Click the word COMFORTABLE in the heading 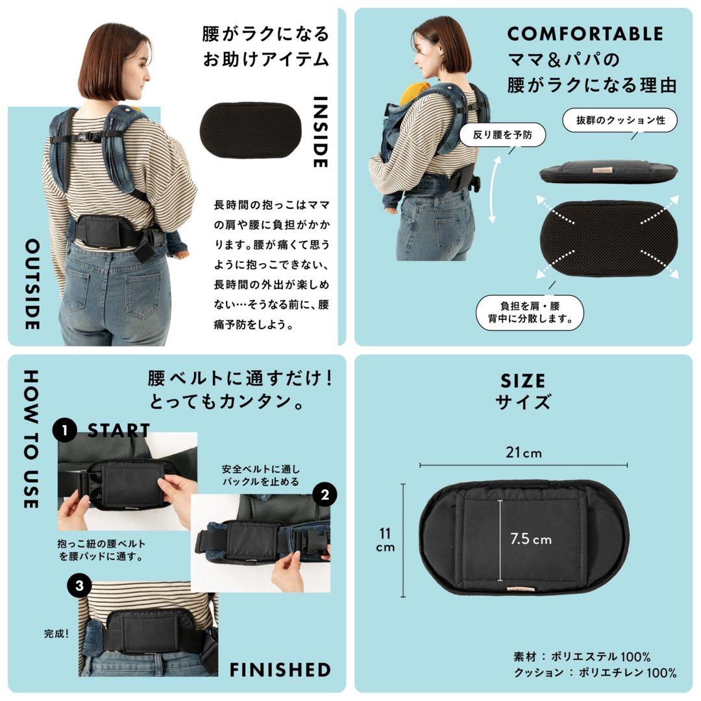tap(585, 34)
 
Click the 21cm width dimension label tap(523, 452)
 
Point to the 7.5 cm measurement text tap(530, 539)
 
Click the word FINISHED tap(280, 670)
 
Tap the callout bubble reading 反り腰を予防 tap(502, 136)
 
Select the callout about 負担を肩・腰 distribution tap(530, 312)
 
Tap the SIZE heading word tap(523, 380)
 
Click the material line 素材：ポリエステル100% tap(582, 656)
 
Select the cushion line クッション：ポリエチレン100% tap(595, 672)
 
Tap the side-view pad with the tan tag tap(608, 172)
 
